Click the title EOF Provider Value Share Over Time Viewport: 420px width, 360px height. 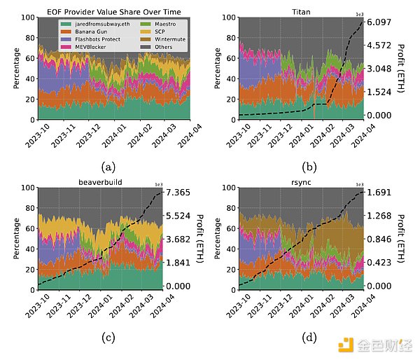tap(99, 11)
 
